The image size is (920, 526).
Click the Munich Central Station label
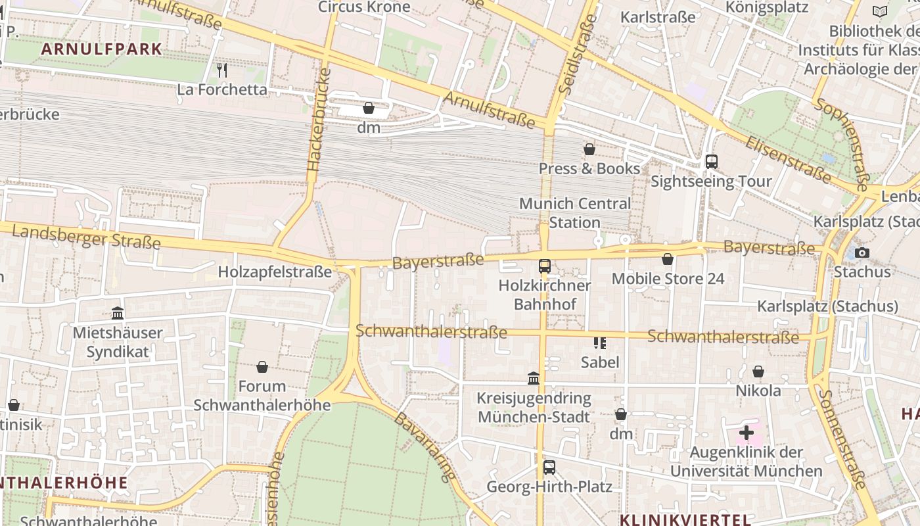click(x=574, y=213)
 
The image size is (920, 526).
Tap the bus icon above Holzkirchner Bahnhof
click(x=544, y=266)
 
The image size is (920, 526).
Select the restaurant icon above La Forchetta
click(x=222, y=70)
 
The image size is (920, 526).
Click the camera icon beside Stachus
click(x=862, y=252)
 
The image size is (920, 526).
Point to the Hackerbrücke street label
click(x=319, y=119)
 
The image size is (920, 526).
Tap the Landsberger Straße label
click(x=85, y=237)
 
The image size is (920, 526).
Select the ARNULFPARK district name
click(x=101, y=49)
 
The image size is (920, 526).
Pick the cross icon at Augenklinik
click(x=746, y=433)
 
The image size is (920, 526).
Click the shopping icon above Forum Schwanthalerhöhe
click(x=262, y=366)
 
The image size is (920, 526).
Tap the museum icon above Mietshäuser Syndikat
click(x=118, y=313)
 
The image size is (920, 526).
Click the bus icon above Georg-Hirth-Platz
click(x=549, y=467)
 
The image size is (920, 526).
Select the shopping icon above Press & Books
click(x=589, y=149)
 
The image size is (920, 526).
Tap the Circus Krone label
click(x=364, y=7)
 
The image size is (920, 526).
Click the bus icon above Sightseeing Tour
click(x=711, y=161)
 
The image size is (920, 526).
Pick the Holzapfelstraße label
click(x=275, y=272)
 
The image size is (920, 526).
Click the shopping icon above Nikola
click(x=758, y=371)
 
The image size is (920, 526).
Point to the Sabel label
click(x=599, y=362)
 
